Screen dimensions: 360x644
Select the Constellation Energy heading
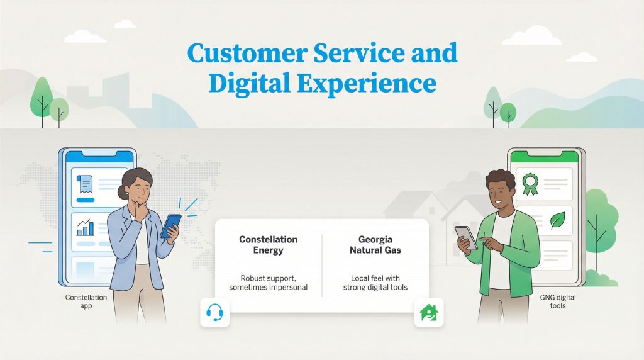click(x=268, y=245)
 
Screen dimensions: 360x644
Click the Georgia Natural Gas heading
click(x=375, y=245)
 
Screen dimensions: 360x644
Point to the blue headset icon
click(x=215, y=312)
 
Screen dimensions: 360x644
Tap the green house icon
click(x=428, y=312)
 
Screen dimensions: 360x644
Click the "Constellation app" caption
click(x=86, y=301)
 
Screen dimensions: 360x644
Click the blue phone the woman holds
click(x=170, y=225)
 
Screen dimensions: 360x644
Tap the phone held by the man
click(x=466, y=237)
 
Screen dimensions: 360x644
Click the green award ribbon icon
click(x=530, y=183)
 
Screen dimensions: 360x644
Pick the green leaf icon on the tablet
click(x=558, y=220)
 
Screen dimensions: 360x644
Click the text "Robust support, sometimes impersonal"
click(x=268, y=282)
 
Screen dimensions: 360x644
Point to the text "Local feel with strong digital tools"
click(x=375, y=282)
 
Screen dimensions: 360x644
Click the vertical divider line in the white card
click(x=322, y=265)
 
